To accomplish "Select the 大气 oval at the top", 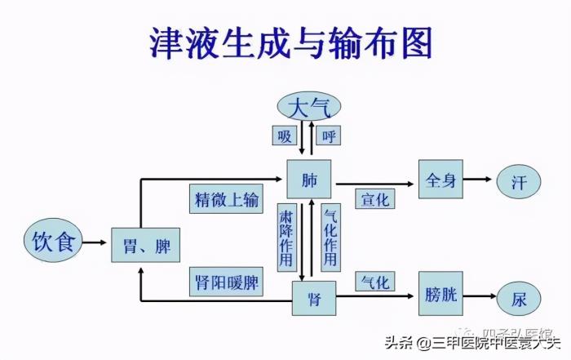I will pos(309,106).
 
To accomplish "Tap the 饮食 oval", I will pos(53,241).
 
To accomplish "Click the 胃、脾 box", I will pos(145,243).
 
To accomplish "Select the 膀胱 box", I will pos(440,296).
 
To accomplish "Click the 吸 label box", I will pos(284,136).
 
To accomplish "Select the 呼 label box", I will pos(330,136).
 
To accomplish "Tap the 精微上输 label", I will pos(226,198).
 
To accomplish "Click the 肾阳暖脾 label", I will pos(226,282).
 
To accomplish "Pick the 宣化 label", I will pos(375,198).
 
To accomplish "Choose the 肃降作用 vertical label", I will pos(285,237).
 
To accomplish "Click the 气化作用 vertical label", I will pos(330,237).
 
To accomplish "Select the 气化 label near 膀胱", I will pos(374,282).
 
